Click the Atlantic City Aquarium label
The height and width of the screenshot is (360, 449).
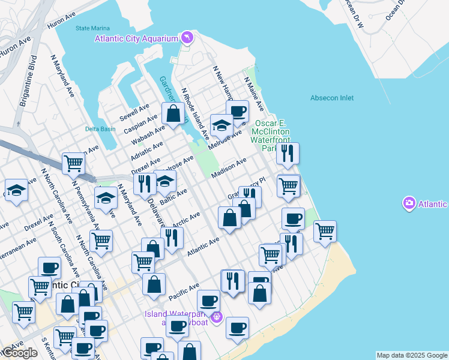tap(136, 38)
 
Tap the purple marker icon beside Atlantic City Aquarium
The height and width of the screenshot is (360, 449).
tap(188, 38)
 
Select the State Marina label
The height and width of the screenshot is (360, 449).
tap(90, 28)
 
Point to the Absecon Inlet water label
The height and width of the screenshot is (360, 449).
tap(332, 98)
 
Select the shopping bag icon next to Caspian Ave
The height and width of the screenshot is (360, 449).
tap(173, 113)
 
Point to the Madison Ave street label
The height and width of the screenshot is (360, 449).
tap(229, 167)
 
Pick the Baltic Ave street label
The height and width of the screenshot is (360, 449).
tap(174, 196)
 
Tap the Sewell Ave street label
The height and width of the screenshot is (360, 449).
tap(134, 111)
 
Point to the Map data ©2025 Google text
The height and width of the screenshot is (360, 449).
tap(412, 355)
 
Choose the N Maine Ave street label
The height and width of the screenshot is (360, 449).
tap(253, 93)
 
